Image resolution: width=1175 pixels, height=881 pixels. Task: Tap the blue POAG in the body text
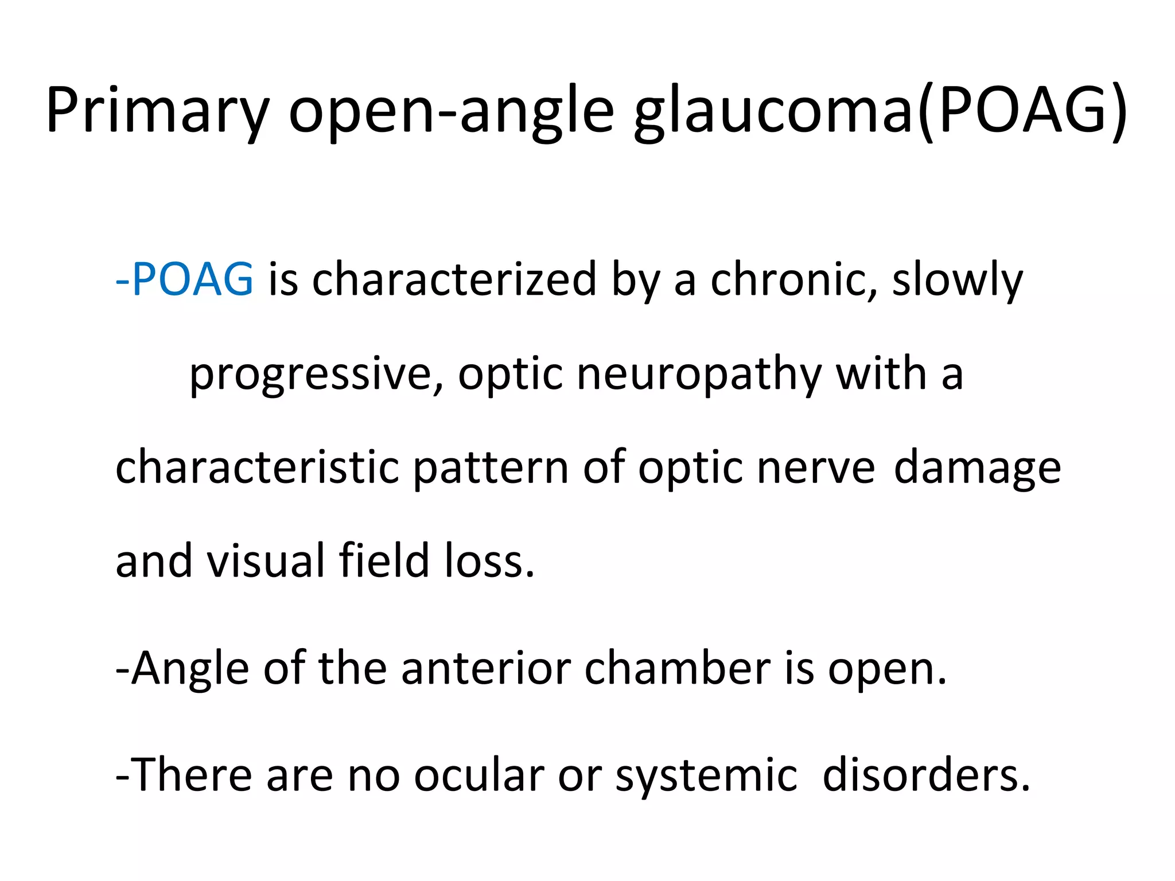192,279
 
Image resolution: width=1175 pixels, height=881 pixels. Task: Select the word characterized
454,279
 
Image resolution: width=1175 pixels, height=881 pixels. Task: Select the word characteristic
257,467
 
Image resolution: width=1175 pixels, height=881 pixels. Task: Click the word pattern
491,467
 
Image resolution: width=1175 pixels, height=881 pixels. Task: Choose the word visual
266,560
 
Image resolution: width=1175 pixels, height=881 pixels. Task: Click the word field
384,560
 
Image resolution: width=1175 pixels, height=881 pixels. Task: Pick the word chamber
678,668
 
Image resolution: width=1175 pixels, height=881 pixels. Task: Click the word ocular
478,775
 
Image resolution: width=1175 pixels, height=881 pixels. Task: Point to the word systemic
706,775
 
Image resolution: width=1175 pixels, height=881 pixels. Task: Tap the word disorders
926,775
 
